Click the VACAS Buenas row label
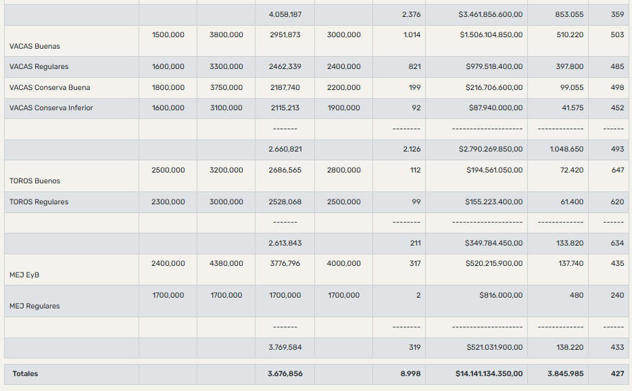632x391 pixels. pos(34,46)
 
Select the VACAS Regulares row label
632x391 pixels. pos(39,66)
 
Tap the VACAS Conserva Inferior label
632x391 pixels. pos(51,108)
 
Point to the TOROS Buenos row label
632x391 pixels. pos(34,181)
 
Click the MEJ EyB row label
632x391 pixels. pos(24,275)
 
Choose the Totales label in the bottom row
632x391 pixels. pos(25,373)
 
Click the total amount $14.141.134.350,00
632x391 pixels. pos(489,373)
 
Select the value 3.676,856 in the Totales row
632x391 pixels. pos(285,373)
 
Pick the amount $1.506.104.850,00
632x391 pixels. pos(491,34)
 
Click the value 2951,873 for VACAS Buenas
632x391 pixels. pos(285,34)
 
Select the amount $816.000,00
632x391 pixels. pos(501,295)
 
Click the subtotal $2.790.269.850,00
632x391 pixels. pos(491,149)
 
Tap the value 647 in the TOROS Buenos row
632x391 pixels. pos(617,170)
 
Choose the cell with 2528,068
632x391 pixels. pos(285,202)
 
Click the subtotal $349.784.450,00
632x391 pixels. pos(493,243)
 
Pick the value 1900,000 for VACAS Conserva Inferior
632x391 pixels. pos(343,108)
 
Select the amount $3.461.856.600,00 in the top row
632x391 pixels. pos(491,14)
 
